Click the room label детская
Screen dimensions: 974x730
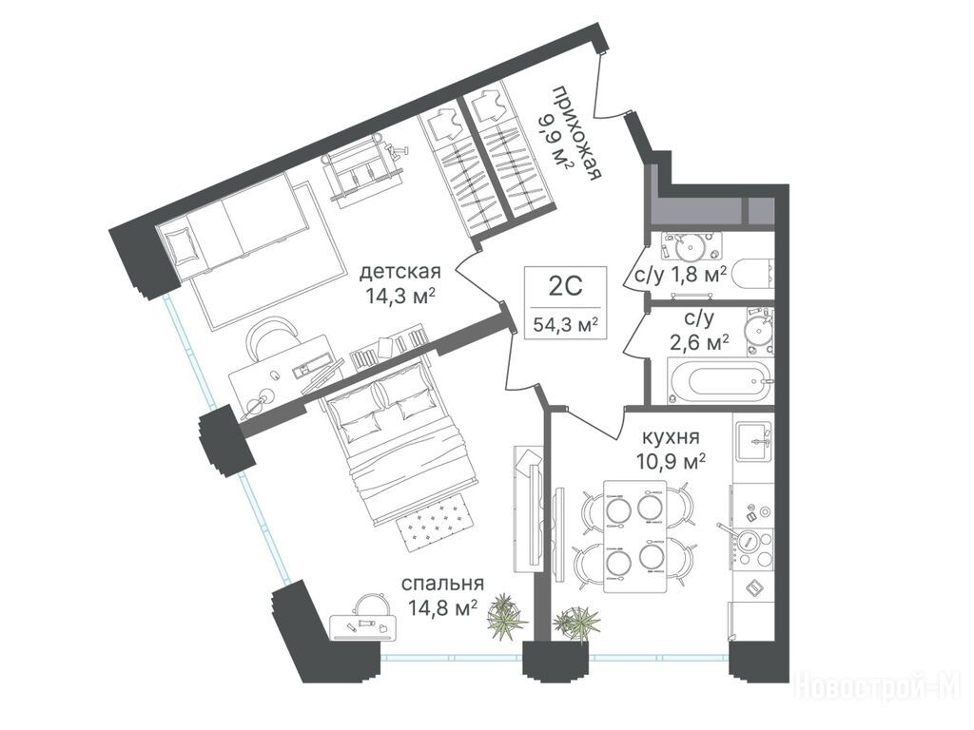pyautogui.click(x=400, y=272)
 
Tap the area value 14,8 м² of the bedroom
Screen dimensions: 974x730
pyautogui.click(x=442, y=605)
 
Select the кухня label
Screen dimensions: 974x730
pyautogui.click(x=671, y=436)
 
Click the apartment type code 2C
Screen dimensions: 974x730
pyautogui.click(x=565, y=286)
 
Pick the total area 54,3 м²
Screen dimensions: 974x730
pyautogui.click(x=565, y=324)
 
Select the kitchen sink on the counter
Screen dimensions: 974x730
pyautogui.click(x=753, y=441)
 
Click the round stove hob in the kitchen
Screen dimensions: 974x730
pyautogui.click(x=748, y=541)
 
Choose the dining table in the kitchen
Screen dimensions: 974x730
pyautogui.click(x=634, y=536)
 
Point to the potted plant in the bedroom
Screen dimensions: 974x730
pyautogui.click(x=505, y=615)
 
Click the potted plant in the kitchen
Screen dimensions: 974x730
pyautogui.click(x=577, y=622)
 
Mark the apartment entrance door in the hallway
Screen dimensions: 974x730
pyautogui.click(x=611, y=86)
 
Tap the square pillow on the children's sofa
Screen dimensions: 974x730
pyautogui.click(x=182, y=246)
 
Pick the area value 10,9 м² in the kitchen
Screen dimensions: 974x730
pyautogui.click(x=671, y=462)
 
